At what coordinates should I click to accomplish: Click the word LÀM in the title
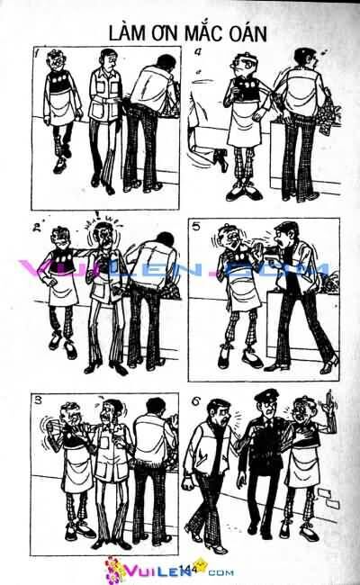point(129,33)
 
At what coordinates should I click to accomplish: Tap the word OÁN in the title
point(244,33)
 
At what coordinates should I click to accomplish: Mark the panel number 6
point(198,399)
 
